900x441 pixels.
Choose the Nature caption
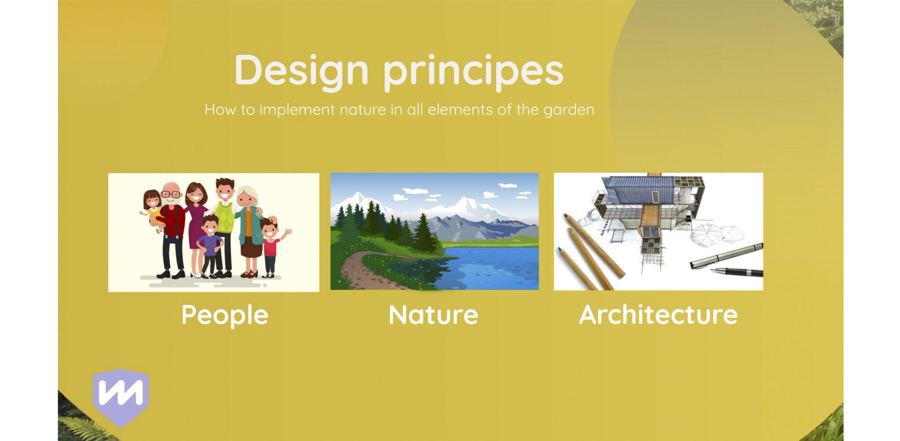tap(434, 315)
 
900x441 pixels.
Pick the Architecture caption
tap(658, 314)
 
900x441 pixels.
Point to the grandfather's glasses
tap(171, 194)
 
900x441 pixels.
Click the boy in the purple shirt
tap(210, 246)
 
